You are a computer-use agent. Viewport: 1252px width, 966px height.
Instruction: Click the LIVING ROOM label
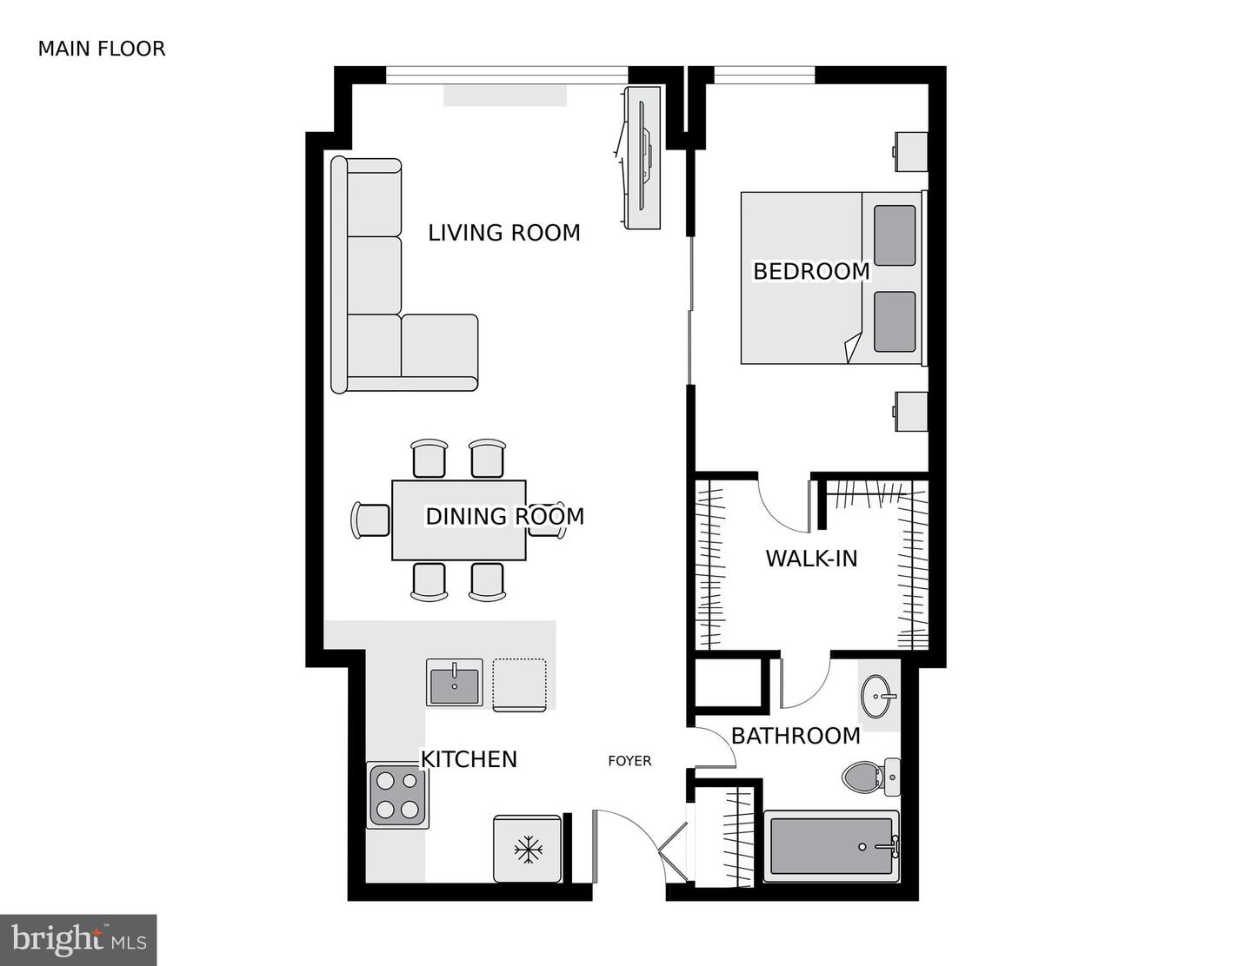503,233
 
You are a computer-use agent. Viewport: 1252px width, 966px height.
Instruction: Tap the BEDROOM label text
810,271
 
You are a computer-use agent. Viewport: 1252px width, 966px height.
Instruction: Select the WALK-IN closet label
810,558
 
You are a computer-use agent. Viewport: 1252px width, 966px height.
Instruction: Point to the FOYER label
629,761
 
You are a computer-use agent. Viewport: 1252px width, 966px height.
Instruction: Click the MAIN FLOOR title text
101,49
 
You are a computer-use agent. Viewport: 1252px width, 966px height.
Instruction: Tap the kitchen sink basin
454,683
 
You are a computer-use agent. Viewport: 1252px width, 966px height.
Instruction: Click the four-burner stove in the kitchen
397,795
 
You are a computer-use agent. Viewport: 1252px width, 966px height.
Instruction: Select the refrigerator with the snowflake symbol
527,849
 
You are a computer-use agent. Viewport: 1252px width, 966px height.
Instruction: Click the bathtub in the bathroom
830,846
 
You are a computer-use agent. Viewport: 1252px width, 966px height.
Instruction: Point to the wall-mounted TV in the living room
643,158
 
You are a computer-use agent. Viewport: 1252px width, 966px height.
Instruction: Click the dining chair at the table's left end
371,519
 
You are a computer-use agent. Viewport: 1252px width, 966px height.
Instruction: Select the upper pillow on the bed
895,235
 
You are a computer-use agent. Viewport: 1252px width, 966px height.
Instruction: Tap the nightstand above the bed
912,151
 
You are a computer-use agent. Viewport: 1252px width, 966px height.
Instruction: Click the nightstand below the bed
912,411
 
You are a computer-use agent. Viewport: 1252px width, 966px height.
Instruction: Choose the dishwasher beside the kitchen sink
519,685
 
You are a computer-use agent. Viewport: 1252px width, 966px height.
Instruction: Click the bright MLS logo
78,940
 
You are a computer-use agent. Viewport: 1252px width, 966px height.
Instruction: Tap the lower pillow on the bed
895,321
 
